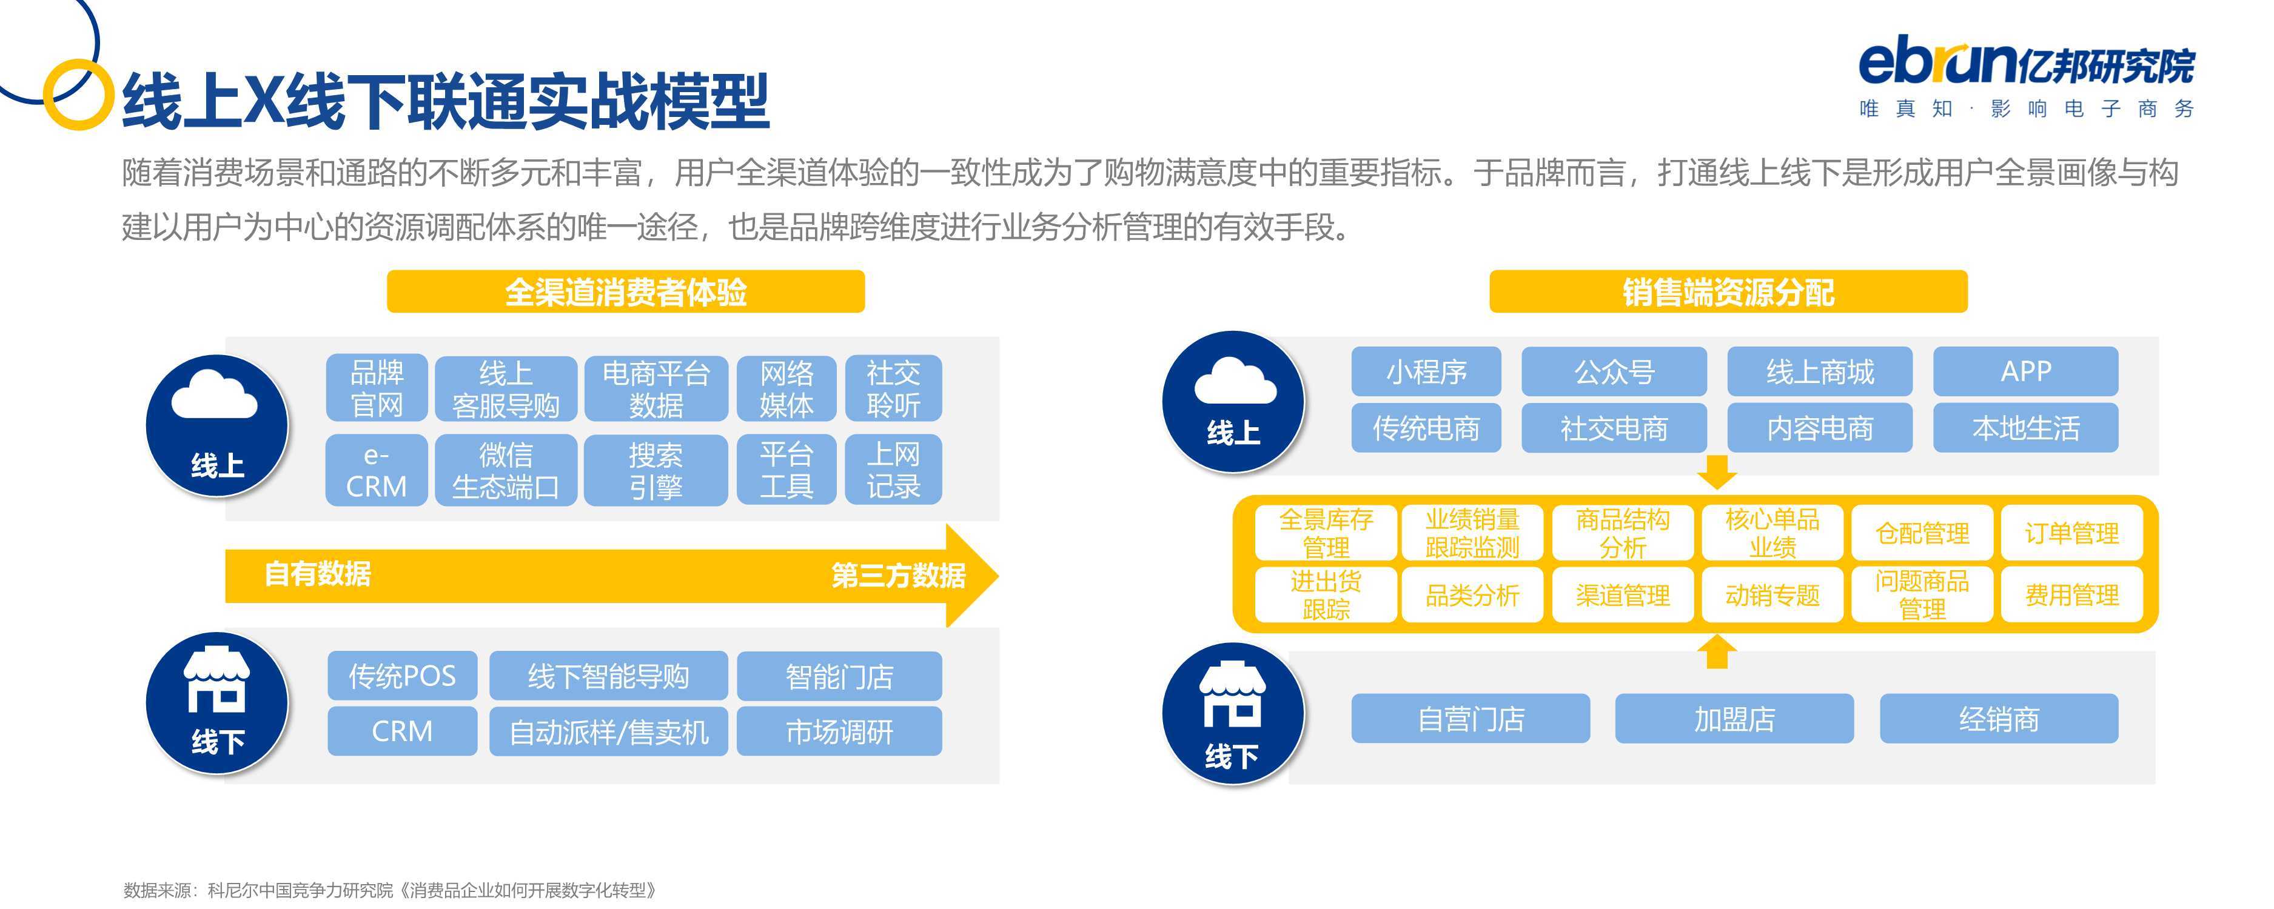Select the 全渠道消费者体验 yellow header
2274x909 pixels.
click(x=625, y=291)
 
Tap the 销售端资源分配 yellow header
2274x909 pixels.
click(x=1728, y=291)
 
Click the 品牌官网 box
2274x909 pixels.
click(x=377, y=388)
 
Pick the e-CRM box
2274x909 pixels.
click(x=377, y=470)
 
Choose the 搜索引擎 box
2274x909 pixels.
click(x=656, y=470)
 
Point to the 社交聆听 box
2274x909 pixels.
click(x=893, y=388)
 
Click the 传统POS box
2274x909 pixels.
click(x=403, y=676)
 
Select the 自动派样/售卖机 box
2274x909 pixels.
click(x=609, y=731)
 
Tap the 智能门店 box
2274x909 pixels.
click(x=839, y=676)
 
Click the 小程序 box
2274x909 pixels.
click(x=1426, y=371)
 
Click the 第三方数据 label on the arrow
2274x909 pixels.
click(x=899, y=576)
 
